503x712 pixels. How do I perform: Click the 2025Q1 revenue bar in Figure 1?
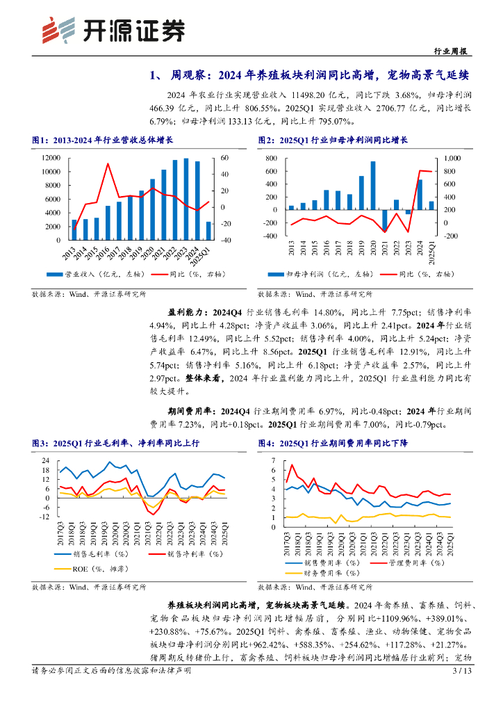click(x=208, y=231)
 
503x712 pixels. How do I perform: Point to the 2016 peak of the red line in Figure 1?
click(x=108, y=164)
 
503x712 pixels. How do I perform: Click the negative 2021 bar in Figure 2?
click(x=385, y=220)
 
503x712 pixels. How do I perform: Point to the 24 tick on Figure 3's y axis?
click(x=45, y=460)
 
